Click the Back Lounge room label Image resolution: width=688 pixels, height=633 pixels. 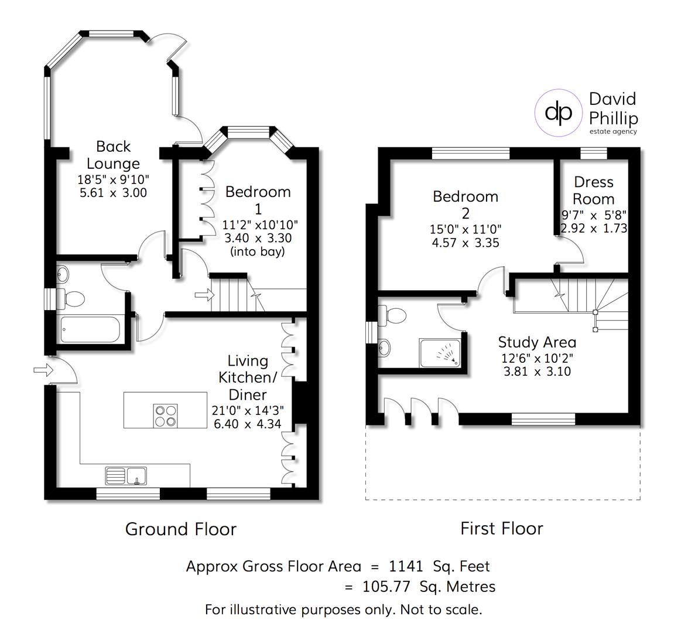tap(113, 155)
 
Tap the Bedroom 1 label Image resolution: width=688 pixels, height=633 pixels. tap(258, 200)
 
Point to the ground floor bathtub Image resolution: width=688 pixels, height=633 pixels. tap(91, 329)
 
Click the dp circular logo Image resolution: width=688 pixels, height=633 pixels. tap(558, 112)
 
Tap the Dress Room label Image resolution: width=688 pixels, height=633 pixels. tap(594, 190)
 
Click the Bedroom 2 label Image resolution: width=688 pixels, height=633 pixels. tap(465, 204)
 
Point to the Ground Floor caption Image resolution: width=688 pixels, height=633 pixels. tap(181, 529)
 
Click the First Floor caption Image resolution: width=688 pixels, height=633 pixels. tap(502, 529)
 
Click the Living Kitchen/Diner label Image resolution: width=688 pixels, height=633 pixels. tap(248, 377)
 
